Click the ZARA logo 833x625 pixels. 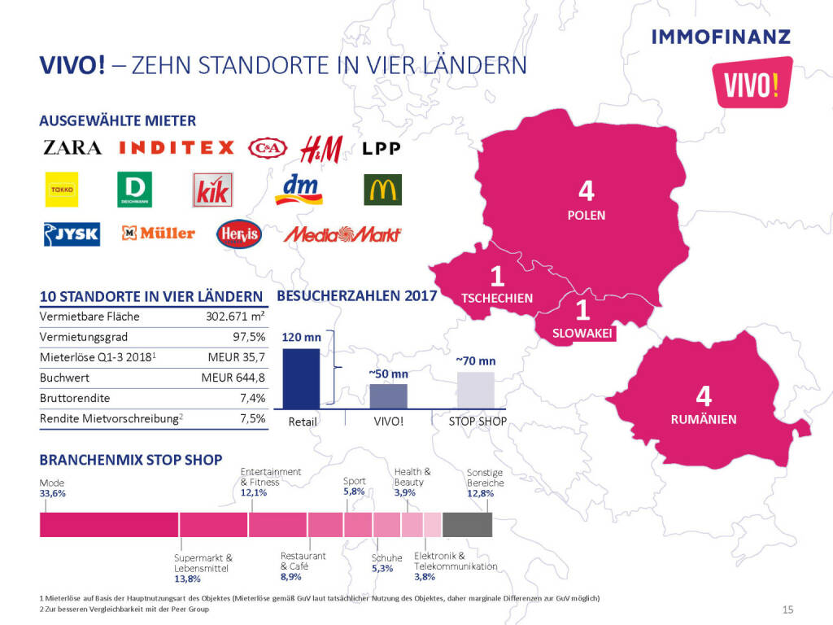(x=72, y=147)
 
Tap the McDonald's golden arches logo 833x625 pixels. (x=382, y=190)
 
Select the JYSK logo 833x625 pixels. (x=72, y=234)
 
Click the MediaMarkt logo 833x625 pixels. (x=342, y=234)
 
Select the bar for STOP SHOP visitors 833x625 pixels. (x=476, y=390)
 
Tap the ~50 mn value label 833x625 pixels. (x=388, y=373)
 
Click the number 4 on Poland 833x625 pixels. (x=587, y=192)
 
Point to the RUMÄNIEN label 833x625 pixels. (x=704, y=420)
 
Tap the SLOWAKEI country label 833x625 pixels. (x=582, y=333)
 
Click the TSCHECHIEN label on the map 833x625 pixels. (x=497, y=298)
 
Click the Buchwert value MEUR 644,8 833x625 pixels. (x=233, y=378)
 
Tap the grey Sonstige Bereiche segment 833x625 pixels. (x=467, y=525)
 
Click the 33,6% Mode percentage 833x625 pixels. (x=53, y=494)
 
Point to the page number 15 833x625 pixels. (x=787, y=610)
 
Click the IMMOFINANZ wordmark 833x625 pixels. (x=721, y=36)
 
